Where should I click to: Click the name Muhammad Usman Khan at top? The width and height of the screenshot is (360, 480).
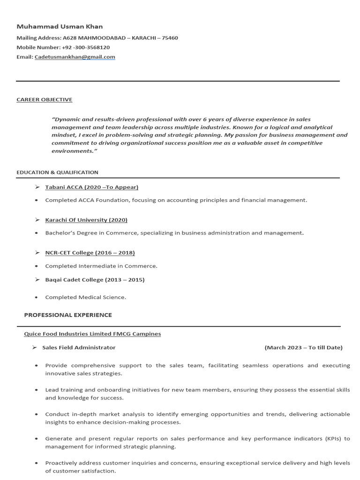[60, 26]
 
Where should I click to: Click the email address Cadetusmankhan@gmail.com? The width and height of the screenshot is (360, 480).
[75, 57]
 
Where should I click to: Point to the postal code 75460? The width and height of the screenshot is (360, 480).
[169, 38]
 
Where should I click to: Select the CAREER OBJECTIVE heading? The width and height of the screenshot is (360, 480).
[45, 99]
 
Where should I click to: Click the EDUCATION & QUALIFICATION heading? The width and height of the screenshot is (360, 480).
[57, 172]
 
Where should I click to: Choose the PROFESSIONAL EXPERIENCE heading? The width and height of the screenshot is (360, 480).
[68, 315]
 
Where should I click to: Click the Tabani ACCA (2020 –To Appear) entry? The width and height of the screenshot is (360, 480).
[91, 187]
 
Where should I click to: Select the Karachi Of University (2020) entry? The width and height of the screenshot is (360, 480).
[86, 220]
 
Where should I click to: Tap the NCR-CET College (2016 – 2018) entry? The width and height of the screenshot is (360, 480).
[90, 253]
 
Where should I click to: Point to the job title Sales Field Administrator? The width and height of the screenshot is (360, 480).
[79, 347]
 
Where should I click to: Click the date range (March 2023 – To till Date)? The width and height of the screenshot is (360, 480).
[303, 347]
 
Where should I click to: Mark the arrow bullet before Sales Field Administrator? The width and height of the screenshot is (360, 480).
[34, 347]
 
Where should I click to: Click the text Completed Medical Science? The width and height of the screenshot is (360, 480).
[85, 297]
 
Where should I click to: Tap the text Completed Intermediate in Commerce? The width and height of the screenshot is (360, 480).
[101, 266]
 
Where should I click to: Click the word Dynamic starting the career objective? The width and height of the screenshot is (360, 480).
[67, 120]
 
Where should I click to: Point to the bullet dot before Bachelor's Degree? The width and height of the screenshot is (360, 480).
[37, 233]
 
